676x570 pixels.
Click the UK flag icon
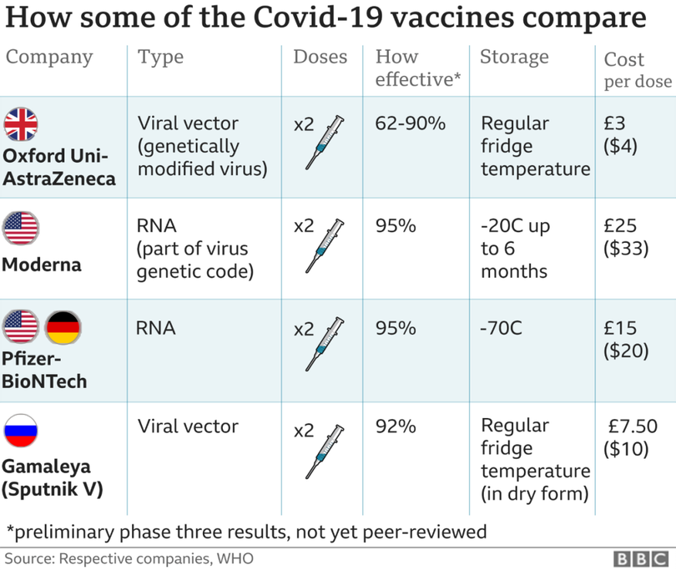[22, 124]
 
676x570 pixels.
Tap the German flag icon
[63, 327]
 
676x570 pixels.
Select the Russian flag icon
[22, 431]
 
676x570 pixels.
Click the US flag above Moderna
[22, 227]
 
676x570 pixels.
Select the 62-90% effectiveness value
[411, 124]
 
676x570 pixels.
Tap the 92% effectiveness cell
[396, 426]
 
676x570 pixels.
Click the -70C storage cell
[502, 328]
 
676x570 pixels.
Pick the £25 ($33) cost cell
[626, 238]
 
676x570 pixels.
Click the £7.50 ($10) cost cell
[629, 437]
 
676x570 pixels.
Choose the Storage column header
[514, 58]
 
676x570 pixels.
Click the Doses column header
[320, 58]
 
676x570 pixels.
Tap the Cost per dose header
[638, 70]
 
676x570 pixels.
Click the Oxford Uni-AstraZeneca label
[58, 167]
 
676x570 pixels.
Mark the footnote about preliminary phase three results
[246, 532]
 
